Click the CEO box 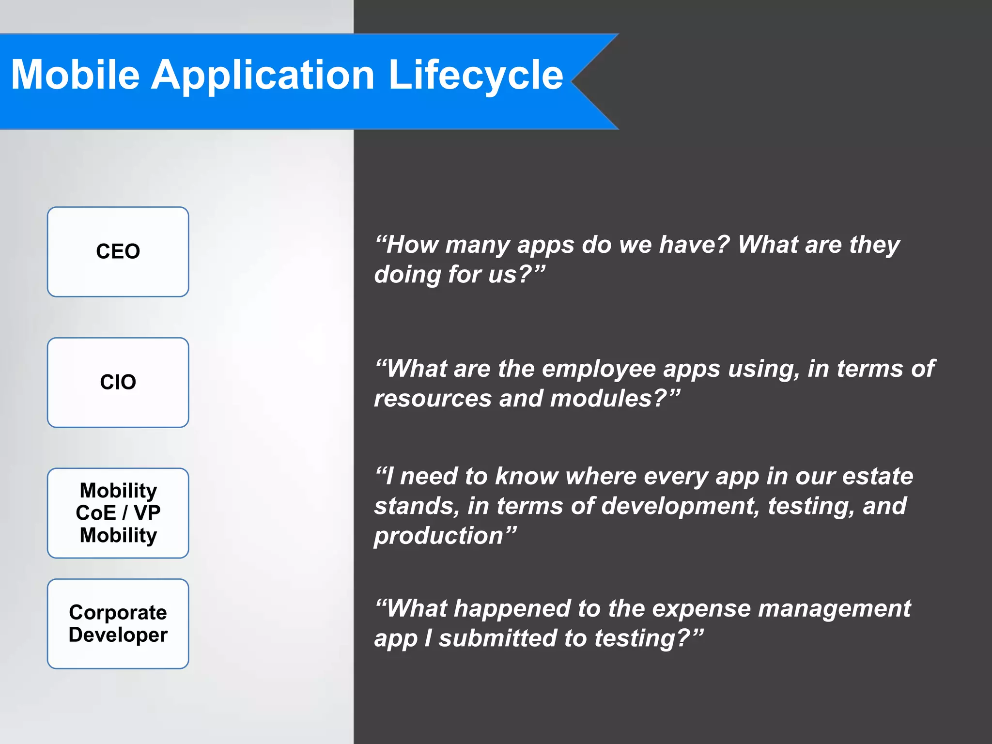pyautogui.click(x=118, y=251)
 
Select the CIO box pyautogui.click(x=118, y=382)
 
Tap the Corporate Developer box pyautogui.click(x=118, y=623)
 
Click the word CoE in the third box pyautogui.click(x=95, y=512)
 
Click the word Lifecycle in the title pyautogui.click(x=476, y=75)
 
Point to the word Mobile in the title pyautogui.click(x=75, y=75)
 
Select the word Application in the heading pyautogui.click(x=263, y=75)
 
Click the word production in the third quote pyautogui.click(x=439, y=536)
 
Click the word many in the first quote pyautogui.click(x=477, y=245)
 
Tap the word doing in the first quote pyautogui.click(x=407, y=275)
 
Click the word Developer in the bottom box pyautogui.click(x=118, y=635)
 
